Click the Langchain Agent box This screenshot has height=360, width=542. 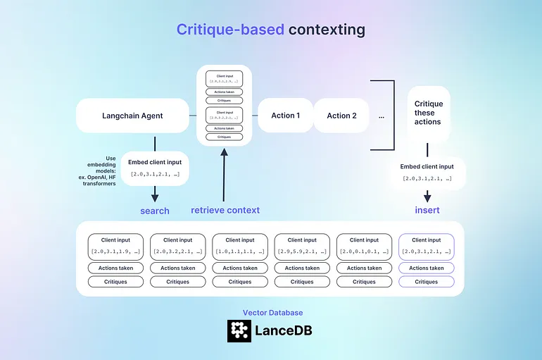(132, 116)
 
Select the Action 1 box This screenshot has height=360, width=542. (286, 116)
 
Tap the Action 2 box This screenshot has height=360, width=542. (341, 116)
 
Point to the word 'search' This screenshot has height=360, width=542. (155, 211)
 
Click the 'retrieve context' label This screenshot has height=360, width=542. (225, 210)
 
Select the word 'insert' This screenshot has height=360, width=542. (427, 210)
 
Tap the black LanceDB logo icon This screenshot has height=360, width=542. (239, 330)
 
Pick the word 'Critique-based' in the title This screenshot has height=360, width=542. (229, 30)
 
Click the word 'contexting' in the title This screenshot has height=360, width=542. (327, 30)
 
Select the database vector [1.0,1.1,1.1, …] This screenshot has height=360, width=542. (240, 251)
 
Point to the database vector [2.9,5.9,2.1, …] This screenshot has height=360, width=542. (302, 251)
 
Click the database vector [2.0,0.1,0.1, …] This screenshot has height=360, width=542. (364, 251)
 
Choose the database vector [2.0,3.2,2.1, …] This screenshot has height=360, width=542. (177, 251)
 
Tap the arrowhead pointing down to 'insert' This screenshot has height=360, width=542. (427, 197)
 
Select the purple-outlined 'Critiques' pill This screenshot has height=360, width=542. (427, 282)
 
